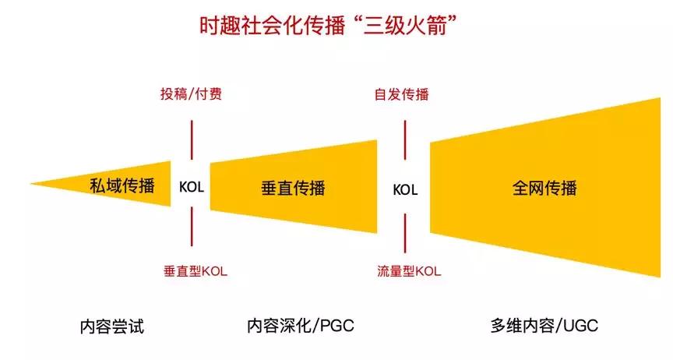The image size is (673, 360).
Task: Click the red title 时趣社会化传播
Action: (x=273, y=26)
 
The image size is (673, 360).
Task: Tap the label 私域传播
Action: (x=122, y=186)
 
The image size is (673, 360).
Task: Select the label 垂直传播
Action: (x=293, y=188)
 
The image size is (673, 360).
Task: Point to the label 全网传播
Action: (x=544, y=188)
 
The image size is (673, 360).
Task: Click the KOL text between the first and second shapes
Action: (x=192, y=187)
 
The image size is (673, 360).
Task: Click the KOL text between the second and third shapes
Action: (x=405, y=190)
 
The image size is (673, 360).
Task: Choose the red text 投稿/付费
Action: (x=192, y=94)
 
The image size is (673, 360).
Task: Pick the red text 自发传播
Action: (x=402, y=94)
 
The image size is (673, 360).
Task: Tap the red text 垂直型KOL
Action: (x=196, y=271)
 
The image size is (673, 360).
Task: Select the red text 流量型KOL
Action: (x=409, y=271)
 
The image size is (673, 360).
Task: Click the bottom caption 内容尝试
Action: (x=112, y=326)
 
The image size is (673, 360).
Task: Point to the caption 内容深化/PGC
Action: (x=301, y=326)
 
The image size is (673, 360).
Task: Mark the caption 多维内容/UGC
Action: (x=544, y=326)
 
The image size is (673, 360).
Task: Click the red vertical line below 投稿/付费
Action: (x=192, y=140)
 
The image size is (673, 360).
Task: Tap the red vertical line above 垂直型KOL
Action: (x=192, y=227)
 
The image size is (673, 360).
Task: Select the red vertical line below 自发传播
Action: (x=405, y=140)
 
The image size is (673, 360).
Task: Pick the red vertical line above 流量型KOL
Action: (x=405, y=233)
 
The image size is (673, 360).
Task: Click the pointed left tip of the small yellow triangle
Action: (x=30, y=184)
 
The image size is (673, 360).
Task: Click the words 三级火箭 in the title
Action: (x=404, y=26)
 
